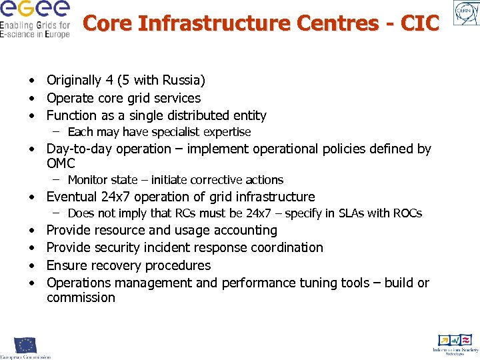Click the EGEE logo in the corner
35,19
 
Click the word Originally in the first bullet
74,81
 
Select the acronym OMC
61,163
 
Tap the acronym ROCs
406,213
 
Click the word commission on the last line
81,297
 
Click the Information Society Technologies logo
455,343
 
